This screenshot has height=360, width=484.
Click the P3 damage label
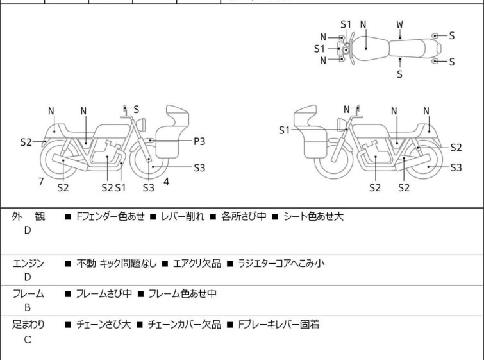coord(200,140)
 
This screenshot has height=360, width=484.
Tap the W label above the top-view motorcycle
coord(400,24)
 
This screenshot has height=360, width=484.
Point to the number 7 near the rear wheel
coord(41,182)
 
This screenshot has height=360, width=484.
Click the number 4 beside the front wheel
coord(166,182)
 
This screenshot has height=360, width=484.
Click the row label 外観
coord(29,217)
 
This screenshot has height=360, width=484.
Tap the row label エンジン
coord(29,262)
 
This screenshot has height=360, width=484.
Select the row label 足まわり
coord(29,325)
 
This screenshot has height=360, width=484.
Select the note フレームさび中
coord(104,294)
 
